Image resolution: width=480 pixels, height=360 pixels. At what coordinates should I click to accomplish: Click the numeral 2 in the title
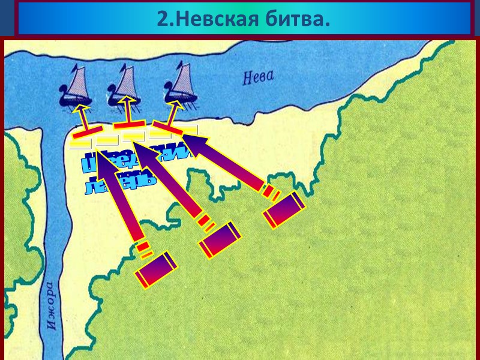point(161,19)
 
